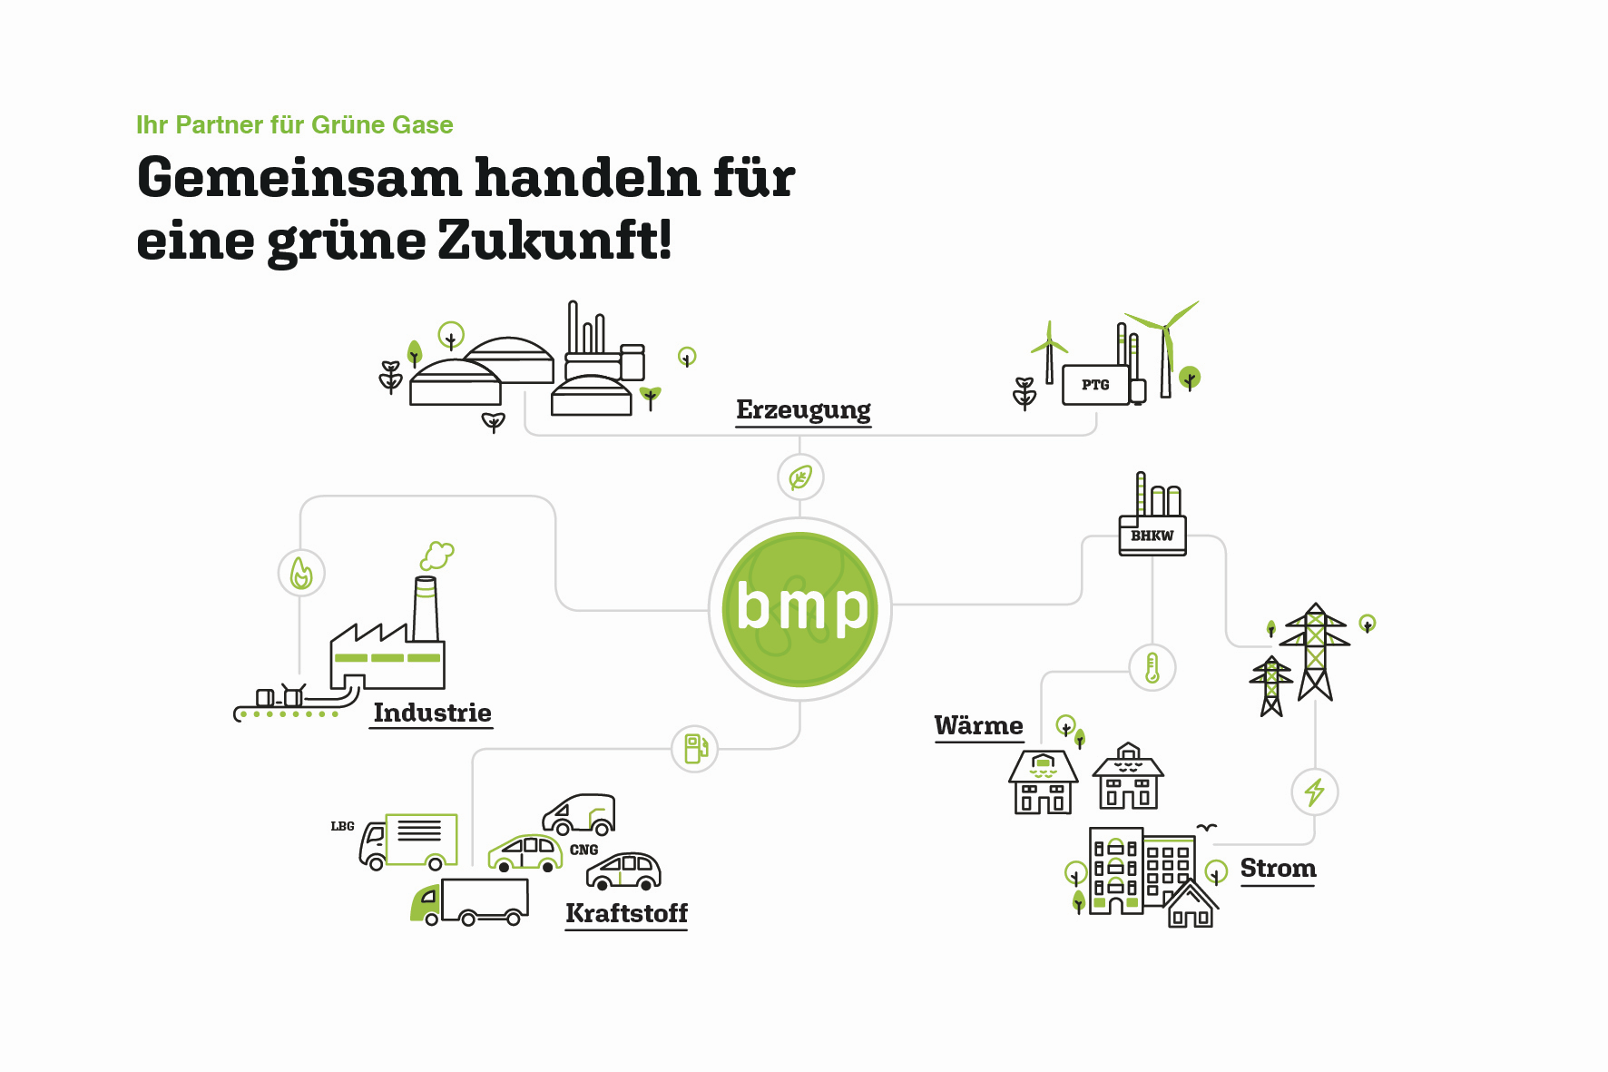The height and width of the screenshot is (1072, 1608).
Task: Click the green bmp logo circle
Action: coord(800,609)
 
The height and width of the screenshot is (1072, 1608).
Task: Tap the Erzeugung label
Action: coord(803,410)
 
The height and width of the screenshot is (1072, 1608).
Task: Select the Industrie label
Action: coord(432,713)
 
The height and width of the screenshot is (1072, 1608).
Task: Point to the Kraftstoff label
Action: coord(626,913)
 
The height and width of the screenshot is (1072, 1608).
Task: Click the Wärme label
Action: coord(978,725)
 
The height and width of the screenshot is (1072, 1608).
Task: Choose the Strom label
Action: coord(1278,869)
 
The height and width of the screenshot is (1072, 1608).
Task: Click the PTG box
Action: coord(1095,385)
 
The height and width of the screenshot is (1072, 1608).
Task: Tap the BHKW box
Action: coord(1152,536)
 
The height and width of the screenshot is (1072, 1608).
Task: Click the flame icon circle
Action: coord(301,573)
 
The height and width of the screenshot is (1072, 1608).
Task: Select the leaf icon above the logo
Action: coord(800,477)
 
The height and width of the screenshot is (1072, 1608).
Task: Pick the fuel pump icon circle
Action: coord(694,749)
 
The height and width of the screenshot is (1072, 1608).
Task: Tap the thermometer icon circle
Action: coord(1152,668)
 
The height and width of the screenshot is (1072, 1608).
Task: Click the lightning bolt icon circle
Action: coord(1314,792)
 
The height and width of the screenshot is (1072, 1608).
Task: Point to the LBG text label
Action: coord(342,826)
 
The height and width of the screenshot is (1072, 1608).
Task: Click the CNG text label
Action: coord(583,850)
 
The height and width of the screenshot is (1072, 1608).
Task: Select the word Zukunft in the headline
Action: coord(555,240)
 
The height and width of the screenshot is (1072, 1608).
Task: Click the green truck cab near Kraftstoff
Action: coord(426,903)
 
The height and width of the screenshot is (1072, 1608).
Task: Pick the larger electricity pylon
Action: coord(1315,651)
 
